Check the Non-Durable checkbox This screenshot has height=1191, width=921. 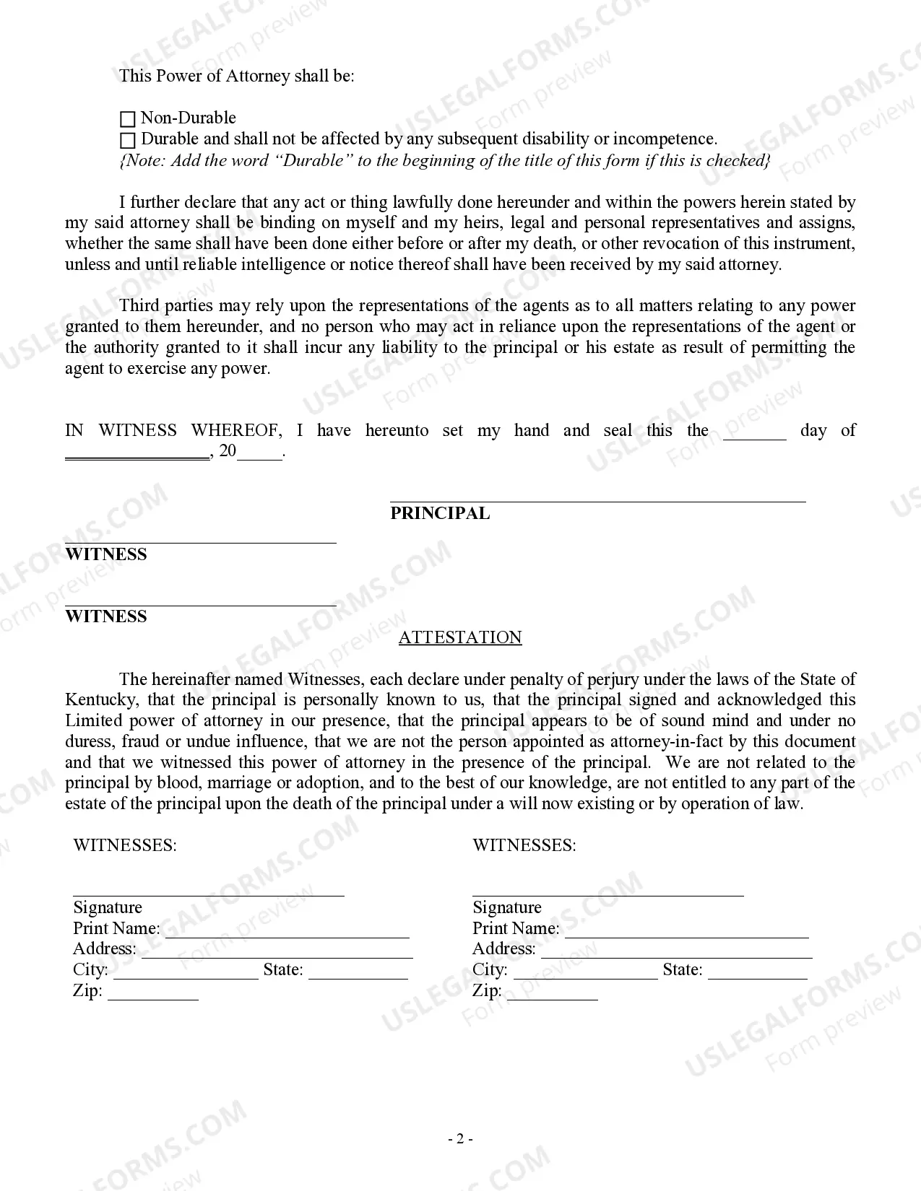click(128, 119)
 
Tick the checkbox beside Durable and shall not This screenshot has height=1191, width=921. click(128, 140)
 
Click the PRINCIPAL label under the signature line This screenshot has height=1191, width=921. click(440, 513)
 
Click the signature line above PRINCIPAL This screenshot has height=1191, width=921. click(597, 499)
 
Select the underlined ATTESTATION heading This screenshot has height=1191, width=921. click(460, 637)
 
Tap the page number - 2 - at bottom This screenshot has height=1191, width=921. click(460, 1139)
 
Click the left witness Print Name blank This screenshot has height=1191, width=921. click(287, 931)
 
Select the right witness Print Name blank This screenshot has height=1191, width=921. click(686, 931)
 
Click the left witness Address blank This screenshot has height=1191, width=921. click(277, 951)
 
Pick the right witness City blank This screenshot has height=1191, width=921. click(585, 972)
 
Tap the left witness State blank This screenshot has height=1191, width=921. click(358, 972)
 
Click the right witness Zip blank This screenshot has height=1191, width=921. click(553, 993)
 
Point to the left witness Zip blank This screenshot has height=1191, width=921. click(153, 993)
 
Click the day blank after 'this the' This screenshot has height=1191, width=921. click(754, 433)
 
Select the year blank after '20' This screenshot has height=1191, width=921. click(260, 455)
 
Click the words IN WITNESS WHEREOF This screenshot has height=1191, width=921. click(173, 431)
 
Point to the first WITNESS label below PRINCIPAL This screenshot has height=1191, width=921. click(106, 554)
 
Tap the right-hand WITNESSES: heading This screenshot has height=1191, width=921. click(524, 845)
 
